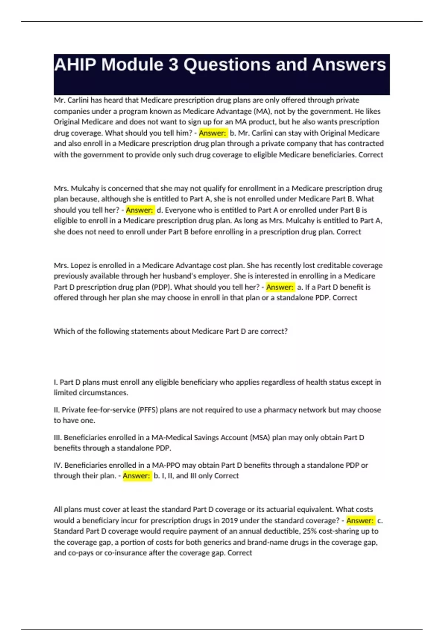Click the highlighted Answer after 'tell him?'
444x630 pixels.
pyautogui.click(x=212, y=133)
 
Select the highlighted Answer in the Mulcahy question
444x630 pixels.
pyautogui.click(x=139, y=210)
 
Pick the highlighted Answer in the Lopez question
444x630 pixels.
pyautogui.click(x=280, y=287)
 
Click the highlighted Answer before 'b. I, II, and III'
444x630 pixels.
pyautogui.click(x=137, y=476)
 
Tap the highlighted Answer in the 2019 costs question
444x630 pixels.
pyautogui.click(x=360, y=521)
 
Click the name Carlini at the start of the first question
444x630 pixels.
pyautogui.click(x=79, y=100)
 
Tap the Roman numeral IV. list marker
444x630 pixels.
pyautogui.click(x=58, y=465)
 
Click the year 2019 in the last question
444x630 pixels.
pyautogui.click(x=229, y=521)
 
